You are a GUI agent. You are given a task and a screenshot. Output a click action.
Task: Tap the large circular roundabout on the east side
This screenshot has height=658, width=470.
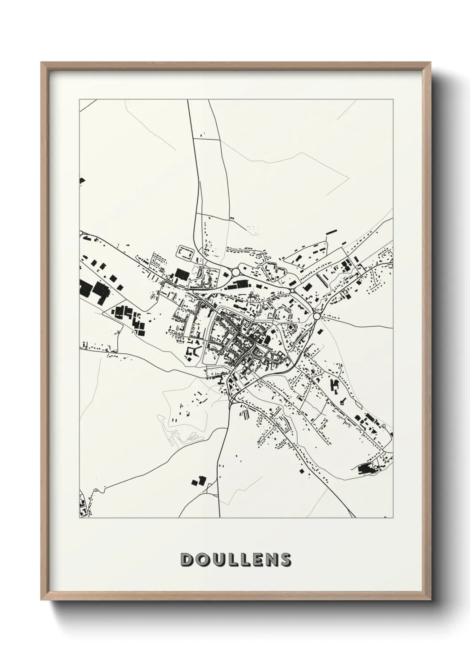(317, 316)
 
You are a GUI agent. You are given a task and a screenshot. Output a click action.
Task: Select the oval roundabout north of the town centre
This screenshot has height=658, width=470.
(235, 271)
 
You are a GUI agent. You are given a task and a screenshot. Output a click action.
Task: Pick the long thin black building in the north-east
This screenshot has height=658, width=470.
(331, 232)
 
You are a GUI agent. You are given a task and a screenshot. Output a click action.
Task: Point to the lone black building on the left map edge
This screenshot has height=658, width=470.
(82, 181)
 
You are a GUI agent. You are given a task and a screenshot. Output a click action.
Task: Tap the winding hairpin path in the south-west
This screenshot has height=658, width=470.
(180, 438)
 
